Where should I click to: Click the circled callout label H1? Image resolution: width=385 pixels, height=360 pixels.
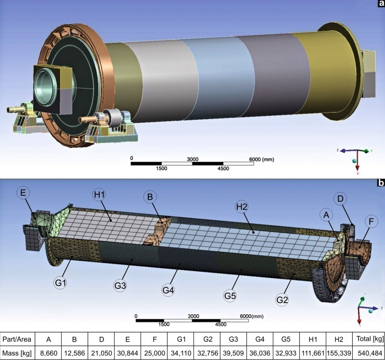100,195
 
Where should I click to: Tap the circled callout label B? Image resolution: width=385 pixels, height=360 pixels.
150,197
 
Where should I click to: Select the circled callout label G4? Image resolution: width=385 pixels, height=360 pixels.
168,290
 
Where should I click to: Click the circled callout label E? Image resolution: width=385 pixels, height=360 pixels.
23,193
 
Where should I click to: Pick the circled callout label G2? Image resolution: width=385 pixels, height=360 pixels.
282,300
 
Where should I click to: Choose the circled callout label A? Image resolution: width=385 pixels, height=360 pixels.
326,215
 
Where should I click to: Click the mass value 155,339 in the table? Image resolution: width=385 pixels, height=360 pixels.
339,353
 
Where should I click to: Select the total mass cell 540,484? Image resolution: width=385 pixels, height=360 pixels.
368,353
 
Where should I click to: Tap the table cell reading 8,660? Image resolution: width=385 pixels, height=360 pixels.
49,353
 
